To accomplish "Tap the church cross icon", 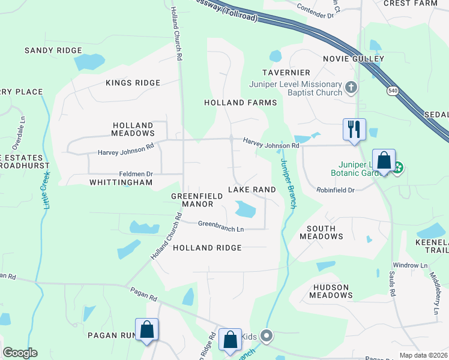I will pos(352,88).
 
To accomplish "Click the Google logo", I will pos(20,353).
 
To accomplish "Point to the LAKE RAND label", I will pos(252,190).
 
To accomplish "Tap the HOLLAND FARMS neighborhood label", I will pos(240,103).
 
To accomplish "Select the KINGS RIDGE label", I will pos(133,83).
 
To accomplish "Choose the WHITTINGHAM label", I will pos(117,182).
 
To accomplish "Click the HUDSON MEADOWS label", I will pos(331,290).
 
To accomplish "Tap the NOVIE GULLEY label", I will pos(353,59).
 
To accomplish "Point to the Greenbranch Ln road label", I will pos(221,227).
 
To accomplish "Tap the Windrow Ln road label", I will pos(410,265).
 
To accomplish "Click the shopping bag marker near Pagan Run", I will pos(147,329).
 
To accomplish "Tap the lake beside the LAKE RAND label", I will pos(245,209).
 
